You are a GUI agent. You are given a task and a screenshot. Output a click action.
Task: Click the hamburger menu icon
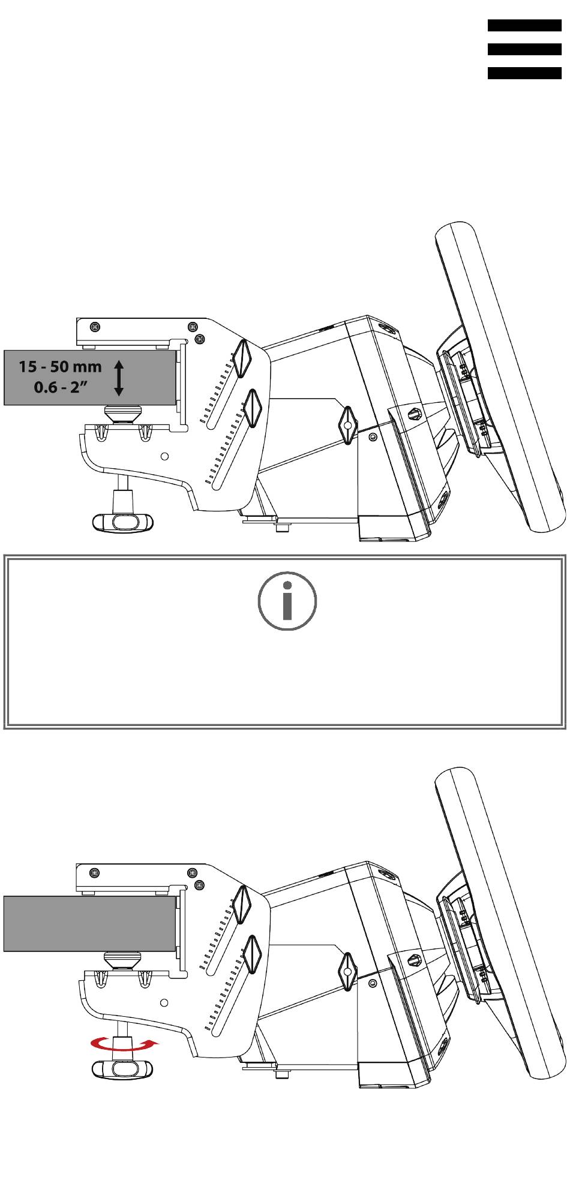pos(524,49)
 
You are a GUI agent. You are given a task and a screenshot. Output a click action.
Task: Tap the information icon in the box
pos(287,601)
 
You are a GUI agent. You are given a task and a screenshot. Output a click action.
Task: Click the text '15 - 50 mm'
pos(60,366)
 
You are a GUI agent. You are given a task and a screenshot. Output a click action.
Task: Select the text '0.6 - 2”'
pos(61,387)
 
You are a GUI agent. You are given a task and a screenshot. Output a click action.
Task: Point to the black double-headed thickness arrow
pos(119,378)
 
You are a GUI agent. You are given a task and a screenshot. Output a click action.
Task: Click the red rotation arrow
pos(125,1045)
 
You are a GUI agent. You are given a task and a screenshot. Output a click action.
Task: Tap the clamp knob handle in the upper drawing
pos(123,522)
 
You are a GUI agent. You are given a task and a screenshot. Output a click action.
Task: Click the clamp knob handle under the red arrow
pos(123,1068)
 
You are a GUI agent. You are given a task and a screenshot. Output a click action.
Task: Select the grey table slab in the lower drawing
pos(90,924)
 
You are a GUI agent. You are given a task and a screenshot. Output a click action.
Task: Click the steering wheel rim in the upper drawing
pos(500,377)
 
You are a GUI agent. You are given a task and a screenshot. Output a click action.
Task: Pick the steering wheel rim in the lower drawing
pos(500,924)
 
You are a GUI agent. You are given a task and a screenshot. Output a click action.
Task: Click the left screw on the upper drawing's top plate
pos(94,327)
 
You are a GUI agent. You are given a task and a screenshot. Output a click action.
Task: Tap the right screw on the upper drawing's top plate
pos(192,327)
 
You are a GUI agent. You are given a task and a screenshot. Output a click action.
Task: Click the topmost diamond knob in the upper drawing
pos(242,359)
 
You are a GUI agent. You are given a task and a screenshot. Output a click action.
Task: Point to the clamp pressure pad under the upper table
pos(123,413)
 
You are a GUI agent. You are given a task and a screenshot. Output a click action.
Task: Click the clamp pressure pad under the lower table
pos(123,960)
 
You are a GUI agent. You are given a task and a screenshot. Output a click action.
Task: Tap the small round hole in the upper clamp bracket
pos(166,456)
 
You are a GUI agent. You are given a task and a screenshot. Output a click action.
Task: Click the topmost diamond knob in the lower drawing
pos(242,905)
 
